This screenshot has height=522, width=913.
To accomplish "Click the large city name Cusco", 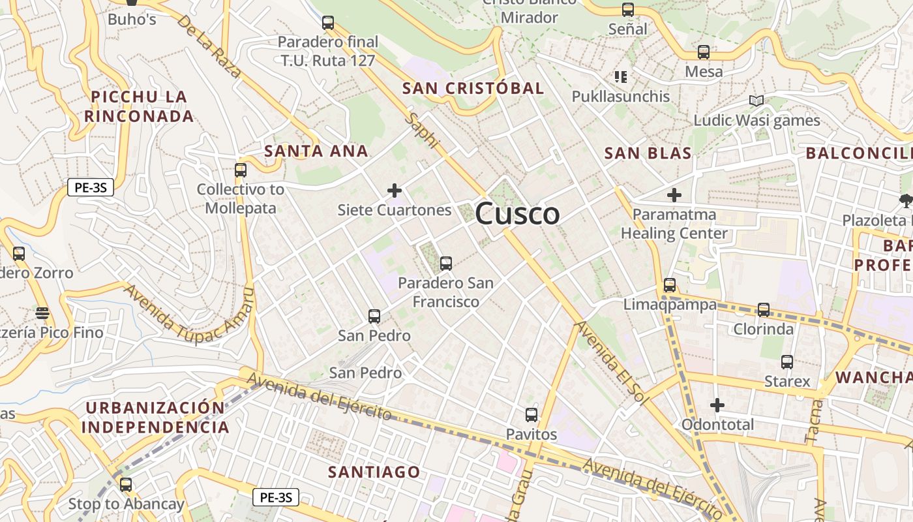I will [517, 214].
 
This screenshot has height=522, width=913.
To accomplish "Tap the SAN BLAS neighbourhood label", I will [648, 153].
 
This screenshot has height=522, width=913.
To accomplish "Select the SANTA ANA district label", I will [316, 151].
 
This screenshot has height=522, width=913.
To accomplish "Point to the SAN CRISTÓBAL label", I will [473, 88].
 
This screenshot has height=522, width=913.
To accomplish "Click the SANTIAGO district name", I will [374, 472].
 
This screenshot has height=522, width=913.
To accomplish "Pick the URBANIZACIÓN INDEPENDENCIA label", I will [157, 418].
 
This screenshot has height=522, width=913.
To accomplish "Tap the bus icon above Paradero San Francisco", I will [446, 264].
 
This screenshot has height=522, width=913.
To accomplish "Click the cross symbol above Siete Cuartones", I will [394, 191].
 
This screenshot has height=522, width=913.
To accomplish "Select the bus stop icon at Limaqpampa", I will [670, 285].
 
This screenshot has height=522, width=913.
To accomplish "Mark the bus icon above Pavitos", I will [531, 415].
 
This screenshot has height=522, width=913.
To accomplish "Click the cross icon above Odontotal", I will [717, 405].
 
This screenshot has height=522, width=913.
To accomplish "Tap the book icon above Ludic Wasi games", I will [756, 100].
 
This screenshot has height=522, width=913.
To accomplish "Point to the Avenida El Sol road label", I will [609, 363].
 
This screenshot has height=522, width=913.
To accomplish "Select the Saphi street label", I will [422, 130].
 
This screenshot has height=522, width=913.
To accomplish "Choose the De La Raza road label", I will [209, 47].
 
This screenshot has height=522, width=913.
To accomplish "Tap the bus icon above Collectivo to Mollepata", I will [241, 170].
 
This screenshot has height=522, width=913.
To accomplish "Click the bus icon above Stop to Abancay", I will [126, 485].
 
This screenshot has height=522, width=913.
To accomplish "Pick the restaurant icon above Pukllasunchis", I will [621, 77].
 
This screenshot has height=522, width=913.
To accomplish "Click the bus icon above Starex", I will [787, 362].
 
